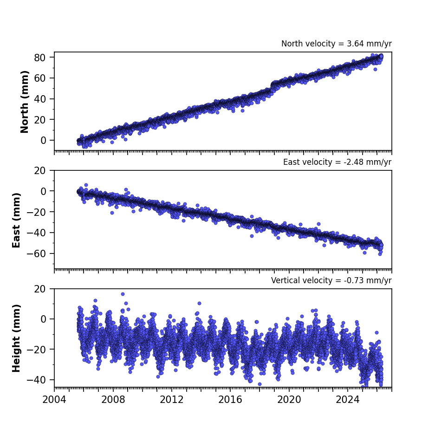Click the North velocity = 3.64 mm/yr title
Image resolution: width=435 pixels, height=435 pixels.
[x=336, y=44]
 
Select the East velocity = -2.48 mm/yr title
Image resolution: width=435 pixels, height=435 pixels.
[x=337, y=162]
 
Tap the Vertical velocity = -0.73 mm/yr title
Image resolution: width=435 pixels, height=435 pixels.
[x=331, y=280]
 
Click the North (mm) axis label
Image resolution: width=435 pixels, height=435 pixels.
[x=25, y=102]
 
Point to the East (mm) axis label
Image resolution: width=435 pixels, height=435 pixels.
[x=16, y=220]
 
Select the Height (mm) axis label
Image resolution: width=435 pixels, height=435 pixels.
[x=16, y=338]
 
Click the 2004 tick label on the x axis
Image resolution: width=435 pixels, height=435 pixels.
[x=54, y=400]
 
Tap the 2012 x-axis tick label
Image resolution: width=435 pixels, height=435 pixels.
[x=171, y=400]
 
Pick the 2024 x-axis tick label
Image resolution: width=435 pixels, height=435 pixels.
[x=347, y=400]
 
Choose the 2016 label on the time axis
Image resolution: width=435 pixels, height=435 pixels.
[x=230, y=400]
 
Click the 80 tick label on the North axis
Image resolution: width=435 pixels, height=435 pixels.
[x=39, y=58]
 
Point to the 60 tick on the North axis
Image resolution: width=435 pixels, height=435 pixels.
[x=39, y=78]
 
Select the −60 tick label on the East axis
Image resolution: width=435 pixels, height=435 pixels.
[x=36, y=253]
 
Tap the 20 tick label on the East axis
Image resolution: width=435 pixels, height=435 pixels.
[x=39, y=171]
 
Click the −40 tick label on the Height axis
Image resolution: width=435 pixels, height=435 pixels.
[x=36, y=380]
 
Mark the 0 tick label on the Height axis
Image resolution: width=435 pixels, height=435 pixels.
[x=43, y=319]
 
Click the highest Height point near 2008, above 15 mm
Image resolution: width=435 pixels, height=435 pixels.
[x=123, y=294]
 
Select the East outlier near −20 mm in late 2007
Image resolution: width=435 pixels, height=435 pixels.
[x=112, y=213]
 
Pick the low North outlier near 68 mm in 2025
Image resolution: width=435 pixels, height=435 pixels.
[x=376, y=69]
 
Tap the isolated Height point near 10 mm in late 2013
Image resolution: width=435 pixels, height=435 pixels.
[x=199, y=304]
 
